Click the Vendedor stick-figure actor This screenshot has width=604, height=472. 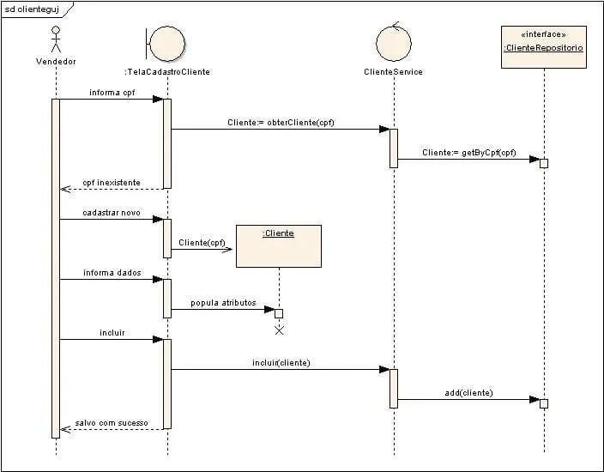click(x=56, y=39)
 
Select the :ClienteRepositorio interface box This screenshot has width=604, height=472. click(x=544, y=46)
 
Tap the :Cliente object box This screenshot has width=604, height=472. click(x=278, y=245)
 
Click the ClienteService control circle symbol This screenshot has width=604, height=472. click(x=394, y=42)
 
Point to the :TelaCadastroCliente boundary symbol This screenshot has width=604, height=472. click(x=166, y=42)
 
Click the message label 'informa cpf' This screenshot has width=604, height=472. click(x=112, y=92)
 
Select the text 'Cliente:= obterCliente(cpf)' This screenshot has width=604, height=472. click(x=281, y=123)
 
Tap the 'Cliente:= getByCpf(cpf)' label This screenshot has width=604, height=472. click(x=468, y=153)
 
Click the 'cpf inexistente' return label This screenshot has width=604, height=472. click(x=111, y=183)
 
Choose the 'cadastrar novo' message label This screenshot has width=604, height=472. click(x=112, y=212)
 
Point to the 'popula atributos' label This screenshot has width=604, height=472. click(x=223, y=302)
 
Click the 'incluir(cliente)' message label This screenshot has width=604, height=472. click(x=281, y=363)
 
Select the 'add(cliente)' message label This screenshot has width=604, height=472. click(x=468, y=393)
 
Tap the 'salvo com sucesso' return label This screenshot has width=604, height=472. click(x=112, y=423)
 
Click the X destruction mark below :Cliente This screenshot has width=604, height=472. click(x=278, y=330)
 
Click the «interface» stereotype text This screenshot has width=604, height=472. click(x=544, y=34)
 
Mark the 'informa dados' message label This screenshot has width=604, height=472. click(x=112, y=273)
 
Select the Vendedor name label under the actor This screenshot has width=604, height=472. click(x=56, y=62)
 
